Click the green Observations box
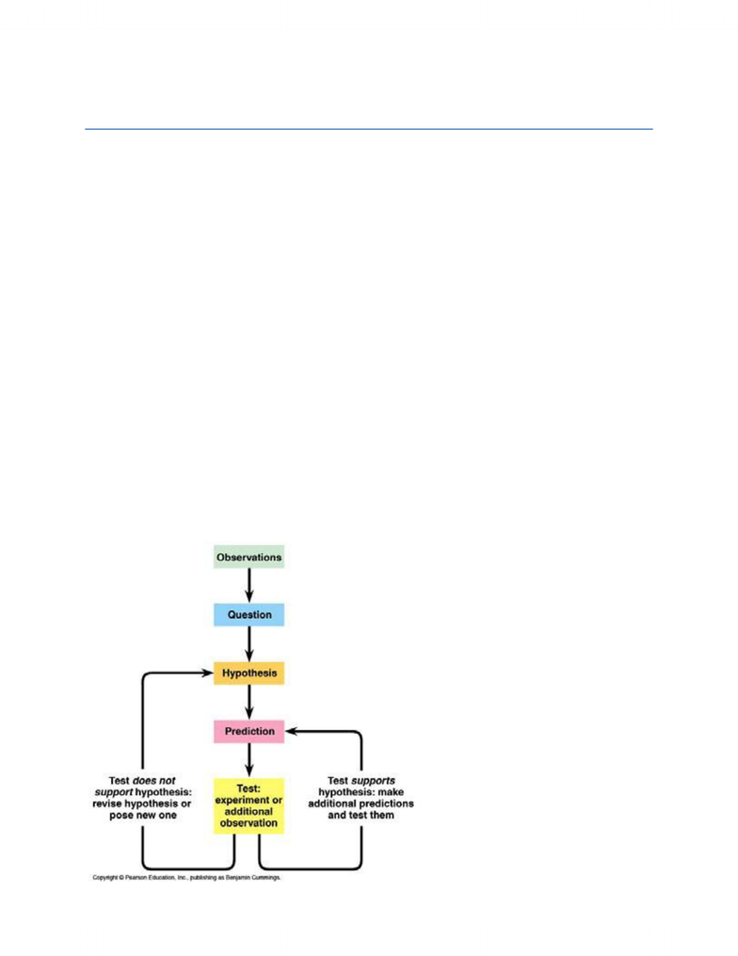click(249, 557)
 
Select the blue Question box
click(249, 614)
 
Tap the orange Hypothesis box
click(249, 673)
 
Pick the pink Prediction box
click(249, 731)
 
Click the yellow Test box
click(249, 806)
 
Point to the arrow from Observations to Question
click(249, 585)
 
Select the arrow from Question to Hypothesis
click(249, 644)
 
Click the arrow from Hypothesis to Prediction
click(249, 703)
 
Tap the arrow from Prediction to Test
click(249, 760)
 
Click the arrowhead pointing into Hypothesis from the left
click(208, 673)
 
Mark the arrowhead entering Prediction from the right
click(291, 731)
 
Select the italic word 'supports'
click(373, 781)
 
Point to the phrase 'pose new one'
click(142, 815)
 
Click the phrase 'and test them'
click(361, 815)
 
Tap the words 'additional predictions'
click(361, 803)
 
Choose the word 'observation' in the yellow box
click(249, 823)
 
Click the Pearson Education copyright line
click(186, 877)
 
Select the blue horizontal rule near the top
click(369, 129)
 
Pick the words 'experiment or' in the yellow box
click(249, 800)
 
